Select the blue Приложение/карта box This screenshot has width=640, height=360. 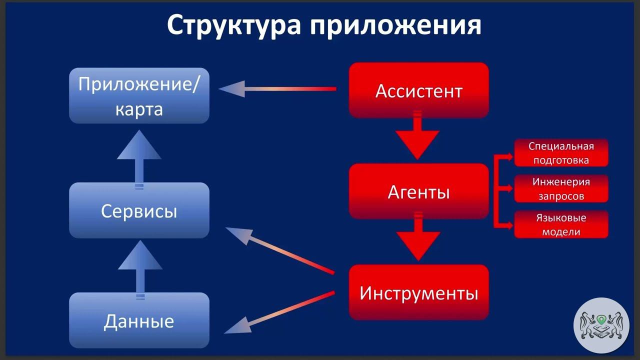[139, 95]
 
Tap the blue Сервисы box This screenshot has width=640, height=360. [139, 210]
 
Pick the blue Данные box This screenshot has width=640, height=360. [139, 320]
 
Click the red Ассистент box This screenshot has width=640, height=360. [418, 90]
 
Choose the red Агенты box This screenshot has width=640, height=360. [418, 191]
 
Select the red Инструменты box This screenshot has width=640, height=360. [418, 292]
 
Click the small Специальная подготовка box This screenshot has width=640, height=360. [561, 153]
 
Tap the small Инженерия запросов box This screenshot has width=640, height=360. [561, 188]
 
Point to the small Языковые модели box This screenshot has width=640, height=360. [561, 224]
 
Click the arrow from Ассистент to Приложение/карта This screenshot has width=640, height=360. [277, 89]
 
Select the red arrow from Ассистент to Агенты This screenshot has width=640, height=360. [417, 137]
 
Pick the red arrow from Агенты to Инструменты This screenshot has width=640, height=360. [417, 238]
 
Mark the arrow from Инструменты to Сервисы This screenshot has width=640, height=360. [280, 250]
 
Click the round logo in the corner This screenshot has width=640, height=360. [601, 325]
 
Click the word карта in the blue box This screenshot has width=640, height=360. [139, 108]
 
